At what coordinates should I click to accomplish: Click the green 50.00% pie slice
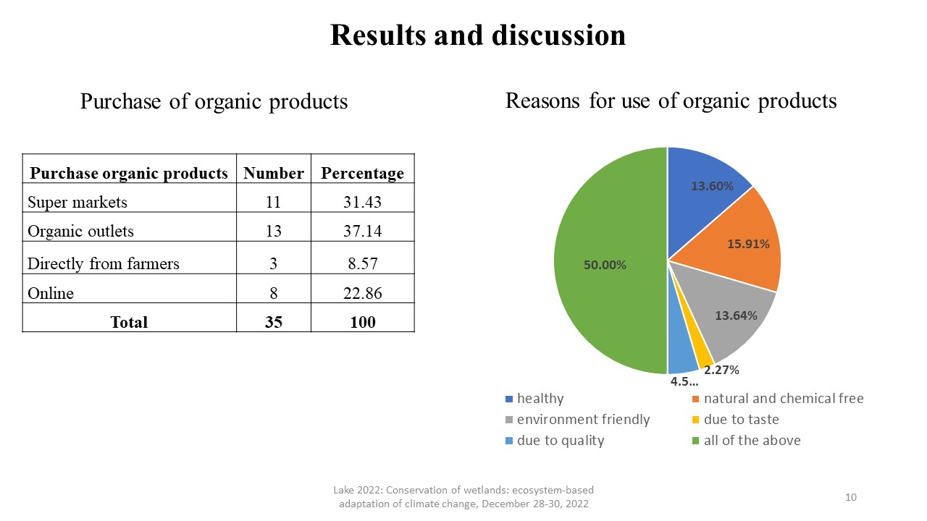[608, 260]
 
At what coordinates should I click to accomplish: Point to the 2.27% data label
[721, 370]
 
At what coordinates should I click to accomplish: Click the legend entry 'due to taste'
[736, 419]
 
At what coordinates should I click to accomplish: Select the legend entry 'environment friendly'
[578, 419]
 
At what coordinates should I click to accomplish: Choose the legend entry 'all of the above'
[747, 441]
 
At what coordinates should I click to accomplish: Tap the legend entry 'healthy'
[534, 399]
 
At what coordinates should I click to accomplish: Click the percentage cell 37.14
[363, 231]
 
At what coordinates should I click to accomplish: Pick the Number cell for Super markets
[273, 202]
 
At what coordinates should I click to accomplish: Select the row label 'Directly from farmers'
[104, 263]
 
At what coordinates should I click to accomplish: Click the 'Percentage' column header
[363, 173]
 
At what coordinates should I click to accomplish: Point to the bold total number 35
[274, 322]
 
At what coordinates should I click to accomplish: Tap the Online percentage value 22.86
[363, 293]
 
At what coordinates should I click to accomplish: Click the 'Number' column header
[274, 173]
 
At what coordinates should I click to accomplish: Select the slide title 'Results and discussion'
[478, 35]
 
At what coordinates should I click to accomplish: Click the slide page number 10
[851, 497]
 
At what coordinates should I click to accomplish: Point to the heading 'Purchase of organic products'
[214, 101]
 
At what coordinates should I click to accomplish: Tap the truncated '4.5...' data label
[684, 381]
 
